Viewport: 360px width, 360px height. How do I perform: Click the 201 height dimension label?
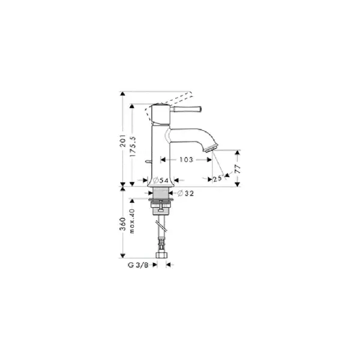(123, 140)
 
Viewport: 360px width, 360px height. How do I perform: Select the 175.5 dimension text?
(133, 147)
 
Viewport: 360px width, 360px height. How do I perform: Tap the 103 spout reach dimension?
(186, 160)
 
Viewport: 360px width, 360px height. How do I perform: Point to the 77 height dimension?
(238, 169)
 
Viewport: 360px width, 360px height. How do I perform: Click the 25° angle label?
(218, 178)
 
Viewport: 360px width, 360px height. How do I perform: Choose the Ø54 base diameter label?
(161, 180)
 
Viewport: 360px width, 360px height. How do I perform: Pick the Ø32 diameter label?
(186, 193)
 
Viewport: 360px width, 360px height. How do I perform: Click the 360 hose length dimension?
(123, 224)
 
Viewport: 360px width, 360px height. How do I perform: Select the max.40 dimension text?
(132, 221)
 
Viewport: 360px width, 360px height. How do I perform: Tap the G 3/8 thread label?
(138, 265)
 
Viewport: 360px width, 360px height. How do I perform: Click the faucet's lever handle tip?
(200, 109)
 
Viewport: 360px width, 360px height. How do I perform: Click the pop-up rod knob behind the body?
(146, 161)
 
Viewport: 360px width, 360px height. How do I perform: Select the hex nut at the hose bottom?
(161, 255)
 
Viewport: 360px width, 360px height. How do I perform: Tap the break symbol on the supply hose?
(162, 226)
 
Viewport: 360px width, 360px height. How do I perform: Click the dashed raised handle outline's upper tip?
(190, 93)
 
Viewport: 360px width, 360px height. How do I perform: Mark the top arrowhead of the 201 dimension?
(123, 94)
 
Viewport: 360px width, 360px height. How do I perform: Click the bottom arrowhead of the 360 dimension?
(123, 256)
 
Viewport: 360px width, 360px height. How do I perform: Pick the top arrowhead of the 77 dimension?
(238, 152)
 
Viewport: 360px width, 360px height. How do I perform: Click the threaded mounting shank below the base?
(161, 193)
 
